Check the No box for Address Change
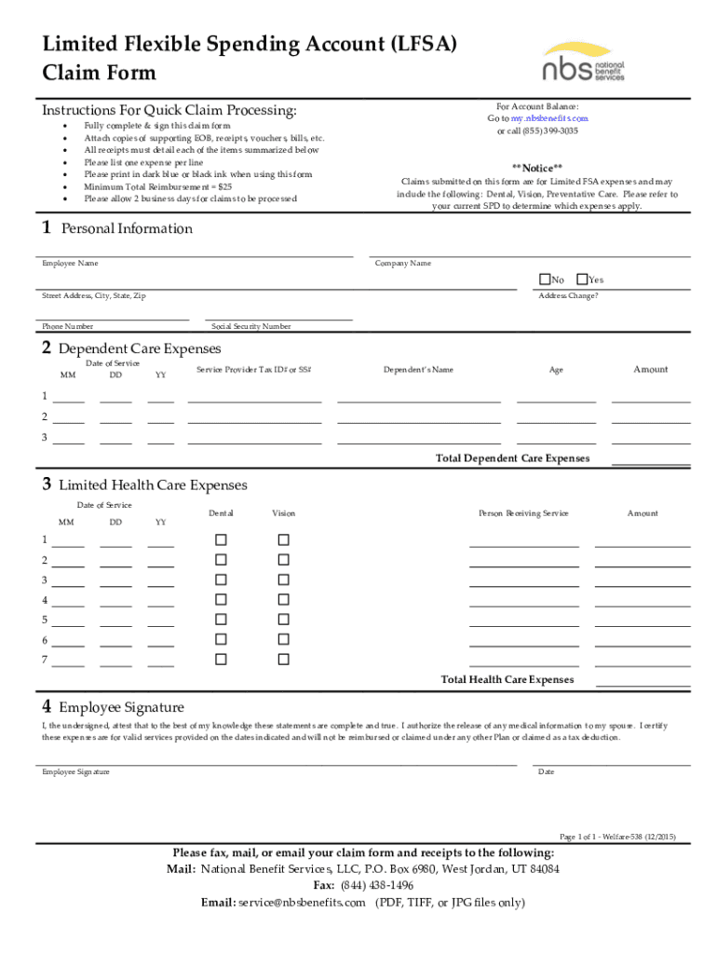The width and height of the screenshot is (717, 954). [x=545, y=279]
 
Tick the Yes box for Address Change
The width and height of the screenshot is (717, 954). [x=582, y=279]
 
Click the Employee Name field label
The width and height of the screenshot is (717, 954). [x=70, y=264]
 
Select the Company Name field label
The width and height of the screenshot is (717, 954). [x=402, y=264]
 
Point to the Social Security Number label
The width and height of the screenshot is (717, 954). [x=251, y=327]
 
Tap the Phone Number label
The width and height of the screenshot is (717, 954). [x=67, y=327]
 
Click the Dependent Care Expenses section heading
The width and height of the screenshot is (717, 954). [x=140, y=348]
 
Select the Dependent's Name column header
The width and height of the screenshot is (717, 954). [x=418, y=370]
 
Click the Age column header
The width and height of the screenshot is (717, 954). [x=556, y=370]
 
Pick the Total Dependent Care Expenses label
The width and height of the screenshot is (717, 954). [x=512, y=458]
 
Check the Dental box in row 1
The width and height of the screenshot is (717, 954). [x=221, y=539]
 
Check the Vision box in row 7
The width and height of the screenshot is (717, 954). [x=284, y=660]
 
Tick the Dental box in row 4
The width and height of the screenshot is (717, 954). [x=221, y=600]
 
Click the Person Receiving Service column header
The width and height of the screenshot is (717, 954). [x=523, y=513]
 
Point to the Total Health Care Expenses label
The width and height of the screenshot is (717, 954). [x=507, y=680]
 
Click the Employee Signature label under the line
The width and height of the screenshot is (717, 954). [x=75, y=772]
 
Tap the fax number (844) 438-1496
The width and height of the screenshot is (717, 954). [x=376, y=885]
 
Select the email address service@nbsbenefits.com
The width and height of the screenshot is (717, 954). [x=301, y=903]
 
